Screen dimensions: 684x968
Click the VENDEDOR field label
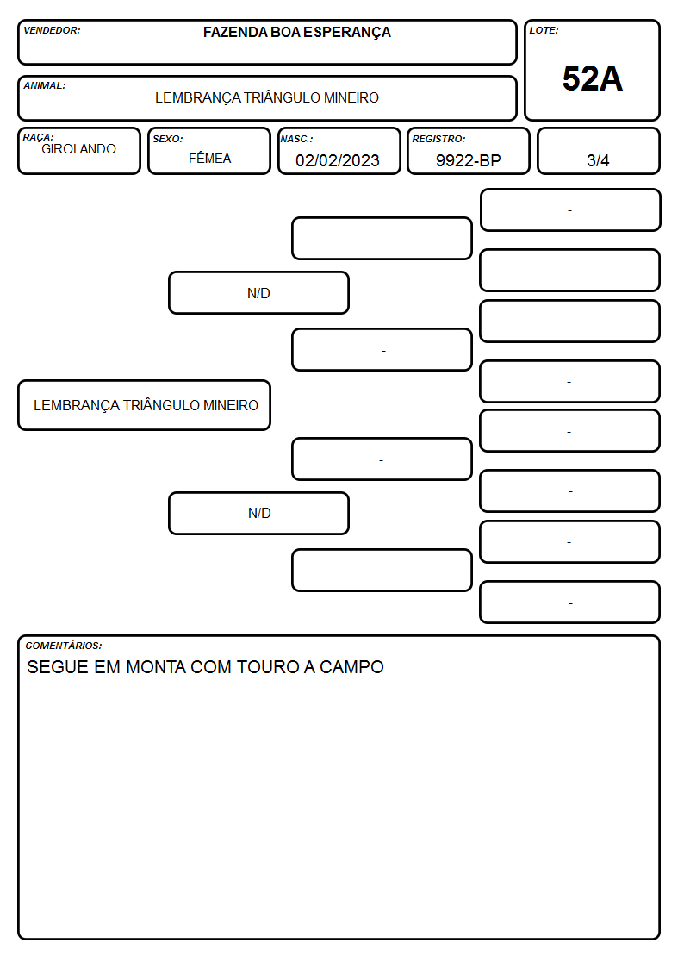point(52,30)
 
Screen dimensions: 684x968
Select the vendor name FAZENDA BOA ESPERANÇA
point(296,33)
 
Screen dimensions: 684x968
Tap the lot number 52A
point(592,78)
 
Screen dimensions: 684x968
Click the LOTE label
point(544,30)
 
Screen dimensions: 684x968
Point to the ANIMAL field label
point(45,86)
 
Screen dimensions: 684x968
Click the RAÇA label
point(38,137)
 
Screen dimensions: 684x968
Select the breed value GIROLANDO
point(78,149)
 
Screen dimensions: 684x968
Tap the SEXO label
point(168,139)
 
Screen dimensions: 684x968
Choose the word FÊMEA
point(209,158)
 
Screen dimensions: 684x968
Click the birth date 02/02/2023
point(338,160)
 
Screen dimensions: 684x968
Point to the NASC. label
point(296,139)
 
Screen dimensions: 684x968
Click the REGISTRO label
point(438,139)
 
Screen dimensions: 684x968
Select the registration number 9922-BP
point(468,160)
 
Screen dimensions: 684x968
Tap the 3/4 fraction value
point(598,160)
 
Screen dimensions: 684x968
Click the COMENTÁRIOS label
point(64,646)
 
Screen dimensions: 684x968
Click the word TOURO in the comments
point(268,667)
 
